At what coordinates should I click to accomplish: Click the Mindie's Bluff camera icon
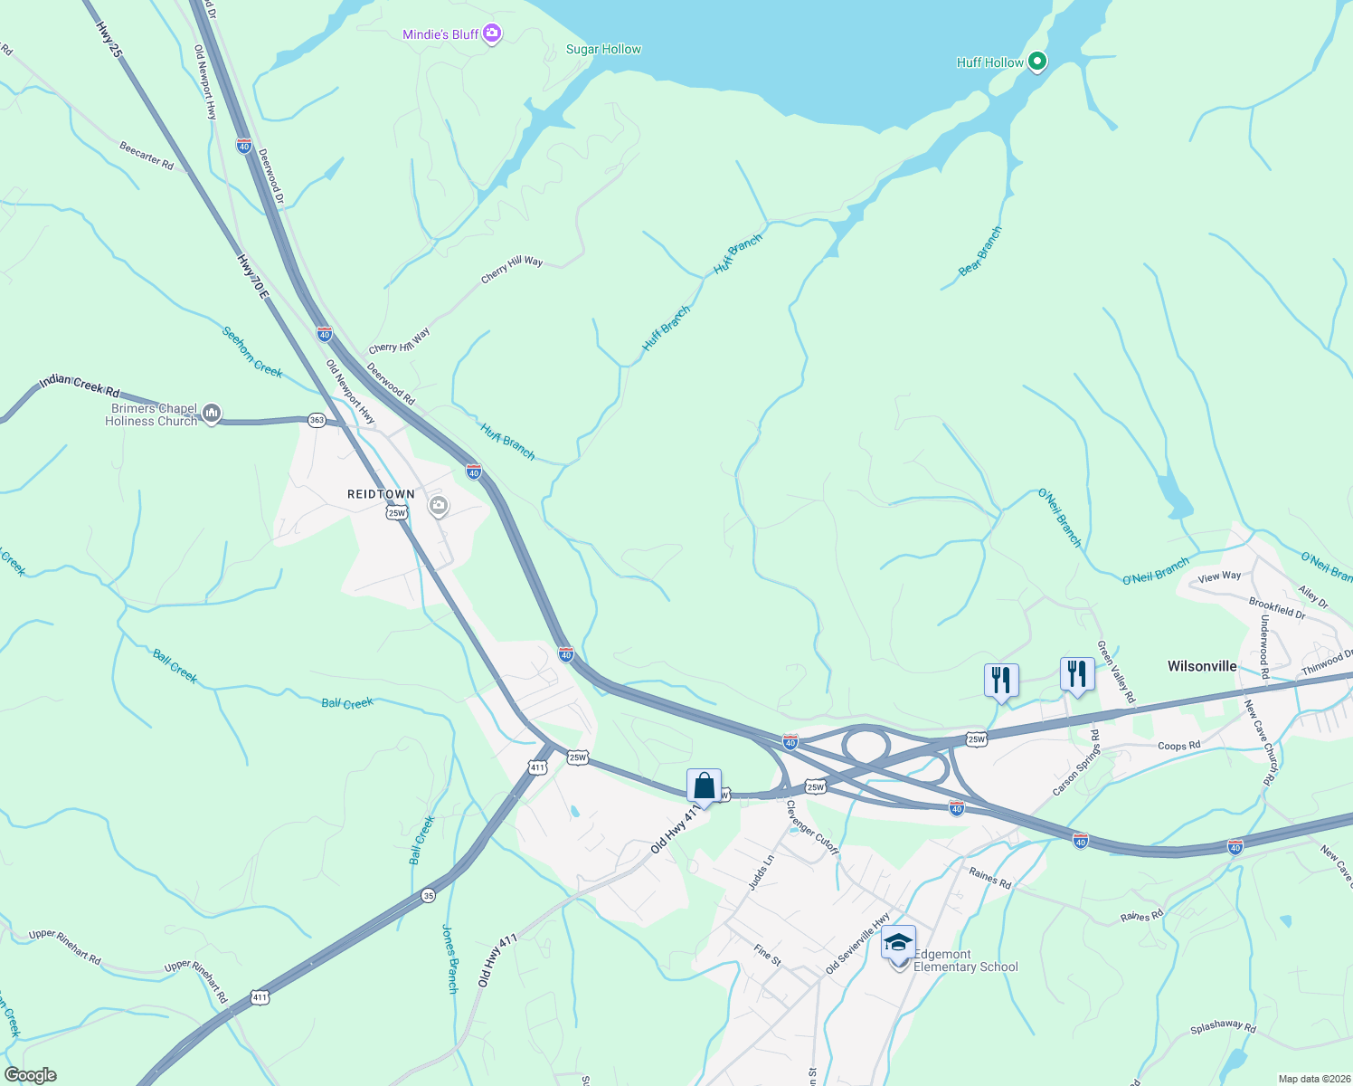click(492, 34)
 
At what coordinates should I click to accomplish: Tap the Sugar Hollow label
click(603, 49)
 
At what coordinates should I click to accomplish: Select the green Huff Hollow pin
click(1038, 62)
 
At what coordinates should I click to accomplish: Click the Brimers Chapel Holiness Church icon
click(212, 414)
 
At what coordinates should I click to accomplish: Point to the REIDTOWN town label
click(381, 494)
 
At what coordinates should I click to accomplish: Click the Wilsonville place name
click(1201, 666)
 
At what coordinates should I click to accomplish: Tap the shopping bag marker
click(704, 786)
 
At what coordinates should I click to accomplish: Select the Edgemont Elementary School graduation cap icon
click(898, 943)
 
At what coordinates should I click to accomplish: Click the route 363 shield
click(316, 421)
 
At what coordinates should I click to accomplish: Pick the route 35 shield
click(428, 896)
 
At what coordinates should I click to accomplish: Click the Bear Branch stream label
click(980, 251)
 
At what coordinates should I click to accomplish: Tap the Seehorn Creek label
click(252, 352)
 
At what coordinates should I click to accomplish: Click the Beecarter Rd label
click(146, 154)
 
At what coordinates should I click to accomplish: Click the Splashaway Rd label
click(1223, 1028)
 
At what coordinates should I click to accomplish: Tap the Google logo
click(31, 1075)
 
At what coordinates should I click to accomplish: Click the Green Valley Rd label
click(1115, 672)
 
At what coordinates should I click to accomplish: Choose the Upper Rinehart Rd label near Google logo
click(64, 946)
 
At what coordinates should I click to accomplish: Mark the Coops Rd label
click(1178, 746)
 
